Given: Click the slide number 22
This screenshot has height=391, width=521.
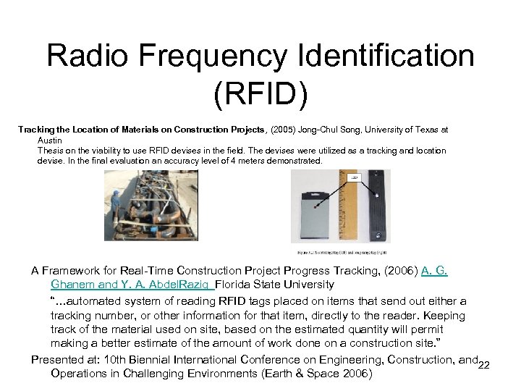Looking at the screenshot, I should (485, 364).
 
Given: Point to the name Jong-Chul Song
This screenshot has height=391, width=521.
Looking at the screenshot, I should (334, 130).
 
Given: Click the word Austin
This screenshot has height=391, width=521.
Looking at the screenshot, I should (50, 140).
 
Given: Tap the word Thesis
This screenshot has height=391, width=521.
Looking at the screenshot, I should (51, 150).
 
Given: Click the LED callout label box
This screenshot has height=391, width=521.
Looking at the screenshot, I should (355, 177).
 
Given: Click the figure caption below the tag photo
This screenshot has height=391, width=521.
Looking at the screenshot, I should (340, 252).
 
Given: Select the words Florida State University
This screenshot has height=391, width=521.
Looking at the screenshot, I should (274, 285).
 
